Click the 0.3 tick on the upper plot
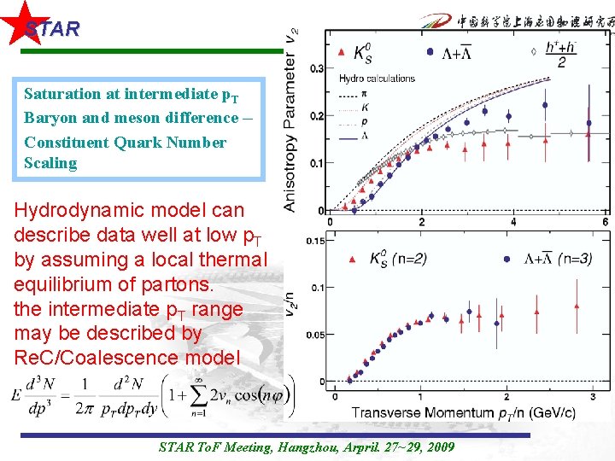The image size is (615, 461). click(315, 68)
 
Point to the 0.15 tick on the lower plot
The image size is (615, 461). click(313, 241)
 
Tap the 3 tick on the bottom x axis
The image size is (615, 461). click(593, 397)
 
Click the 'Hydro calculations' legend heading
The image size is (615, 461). click(377, 79)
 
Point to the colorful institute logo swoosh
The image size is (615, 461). click(436, 23)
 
